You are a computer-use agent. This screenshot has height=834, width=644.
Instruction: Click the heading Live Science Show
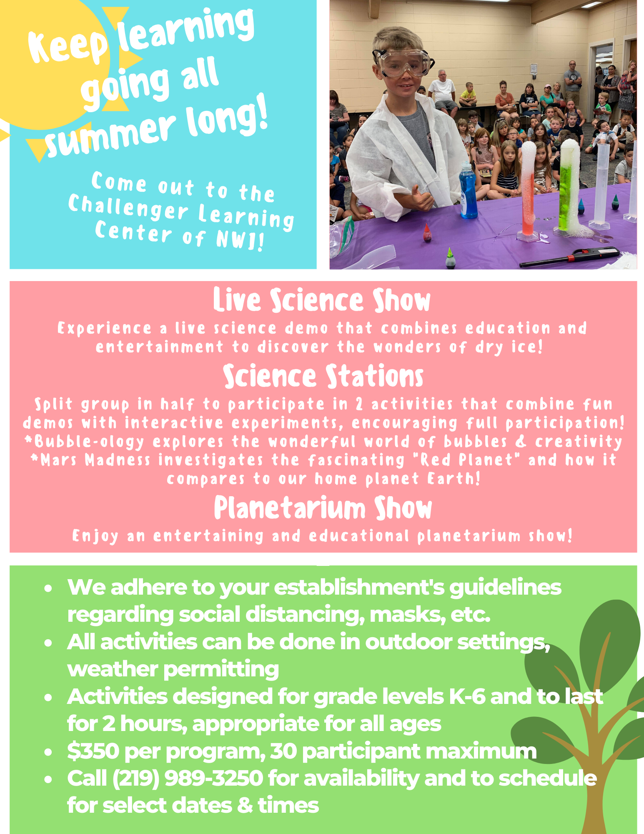pyautogui.click(x=322, y=300)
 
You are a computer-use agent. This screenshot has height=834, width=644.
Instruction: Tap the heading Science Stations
pyautogui.click(x=323, y=376)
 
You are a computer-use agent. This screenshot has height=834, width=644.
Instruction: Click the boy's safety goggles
pyautogui.click(x=403, y=63)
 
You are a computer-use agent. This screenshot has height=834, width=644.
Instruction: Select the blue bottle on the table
pyautogui.click(x=468, y=190)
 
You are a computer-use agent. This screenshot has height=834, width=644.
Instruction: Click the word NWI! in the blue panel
pyautogui.click(x=240, y=240)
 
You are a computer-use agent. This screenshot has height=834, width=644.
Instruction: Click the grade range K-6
pyautogui.click(x=467, y=697)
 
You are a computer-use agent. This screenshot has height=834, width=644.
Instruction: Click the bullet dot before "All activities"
pyautogui.click(x=49, y=643)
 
